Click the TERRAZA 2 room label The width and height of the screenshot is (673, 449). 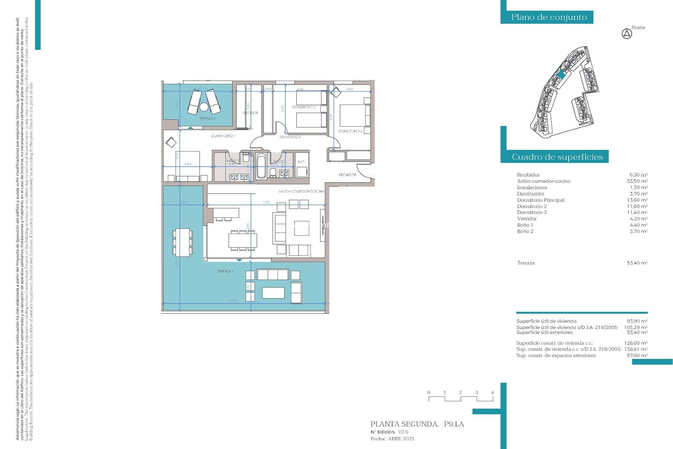[x=207, y=119]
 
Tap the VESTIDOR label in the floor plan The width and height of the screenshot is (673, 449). [x=250, y=113]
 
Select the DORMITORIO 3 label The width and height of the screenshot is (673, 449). [x=350, y=131]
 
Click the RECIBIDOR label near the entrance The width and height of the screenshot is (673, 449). [x=347, y=175]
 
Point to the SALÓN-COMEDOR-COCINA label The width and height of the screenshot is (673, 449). [x=301, y=192]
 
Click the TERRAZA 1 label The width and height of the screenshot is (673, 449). [x=225, y=271]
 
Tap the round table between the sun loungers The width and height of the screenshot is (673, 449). [x=204, y=106]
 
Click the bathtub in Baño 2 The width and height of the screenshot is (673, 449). [x=261, y=166]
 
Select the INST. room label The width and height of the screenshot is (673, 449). [x=301, y=162]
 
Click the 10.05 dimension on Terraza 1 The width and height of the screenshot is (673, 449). [x=233, y=301]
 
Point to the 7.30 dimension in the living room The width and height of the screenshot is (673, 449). [x=266, y=202]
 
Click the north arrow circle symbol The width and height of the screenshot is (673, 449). [x=627, y=34]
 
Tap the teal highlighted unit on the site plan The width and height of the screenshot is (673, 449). [x=561, y=74]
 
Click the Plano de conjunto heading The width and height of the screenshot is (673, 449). [x=549, y=17]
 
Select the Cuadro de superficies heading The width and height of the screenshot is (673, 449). [x=557, y=157]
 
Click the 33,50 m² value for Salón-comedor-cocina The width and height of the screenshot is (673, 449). [x=637, y=181]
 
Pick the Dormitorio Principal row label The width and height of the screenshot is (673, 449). [x=540, y=200]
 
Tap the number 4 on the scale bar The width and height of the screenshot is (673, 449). [x=492, y=393]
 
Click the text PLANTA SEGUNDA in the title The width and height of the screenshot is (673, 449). [x=405, y=424]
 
